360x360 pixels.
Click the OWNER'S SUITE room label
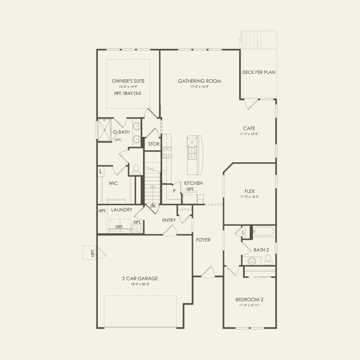click(128, 81)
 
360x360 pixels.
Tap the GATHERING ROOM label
click(200, 81)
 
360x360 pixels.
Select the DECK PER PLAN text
click(259, 72)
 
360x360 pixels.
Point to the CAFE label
click(249, 128)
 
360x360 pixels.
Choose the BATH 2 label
click(261, 250)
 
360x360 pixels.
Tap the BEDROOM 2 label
click(249, 300)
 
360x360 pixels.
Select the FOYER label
click(203, 240)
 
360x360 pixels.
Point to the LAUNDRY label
click(121, 210)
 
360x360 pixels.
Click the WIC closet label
click(113, 183)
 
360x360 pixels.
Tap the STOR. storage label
click(154, 144)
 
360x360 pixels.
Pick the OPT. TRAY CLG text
click(128, 93)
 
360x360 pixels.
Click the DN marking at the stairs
click(153, 207)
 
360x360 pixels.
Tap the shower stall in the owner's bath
click(104, 130)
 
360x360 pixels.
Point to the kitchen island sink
click(191, 153)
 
